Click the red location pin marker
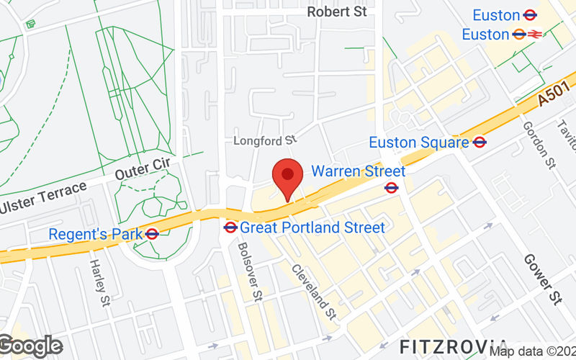287,176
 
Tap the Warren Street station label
358,171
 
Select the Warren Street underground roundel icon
392,188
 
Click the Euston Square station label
418,143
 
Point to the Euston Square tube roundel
480,143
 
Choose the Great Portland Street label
312,228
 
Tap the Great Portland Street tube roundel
230,228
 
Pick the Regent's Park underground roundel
152,234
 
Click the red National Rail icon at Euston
535,34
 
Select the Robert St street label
336,12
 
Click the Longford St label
265,140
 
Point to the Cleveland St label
314,292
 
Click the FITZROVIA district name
453,344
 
